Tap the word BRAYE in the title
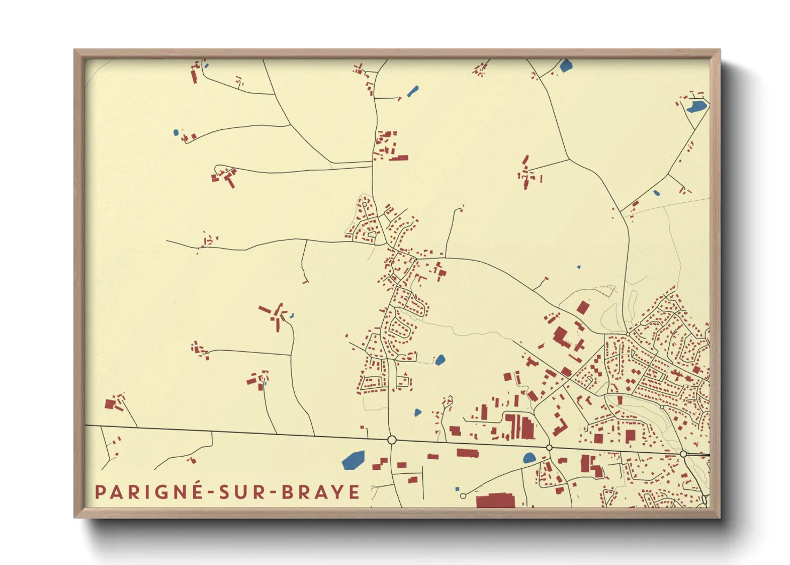tap(320, 492)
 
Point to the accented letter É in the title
tap(195, 491)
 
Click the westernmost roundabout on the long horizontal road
tap(391, 440)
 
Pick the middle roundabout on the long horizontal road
tap(549, 448)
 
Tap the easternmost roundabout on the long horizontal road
tap(683, 454)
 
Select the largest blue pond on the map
tap(353, 459)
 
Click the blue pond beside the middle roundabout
tap(529, 458)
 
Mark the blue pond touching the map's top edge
tap(566, 66)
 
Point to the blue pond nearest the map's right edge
tap(696, 107)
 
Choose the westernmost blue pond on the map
tap(176, 132)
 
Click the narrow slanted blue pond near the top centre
tap(413, 91)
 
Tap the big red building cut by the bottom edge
tap(495, 500)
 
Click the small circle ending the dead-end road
tap(463, 496)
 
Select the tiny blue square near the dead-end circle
tap(457, 489)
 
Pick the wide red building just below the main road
tap(468, 453)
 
